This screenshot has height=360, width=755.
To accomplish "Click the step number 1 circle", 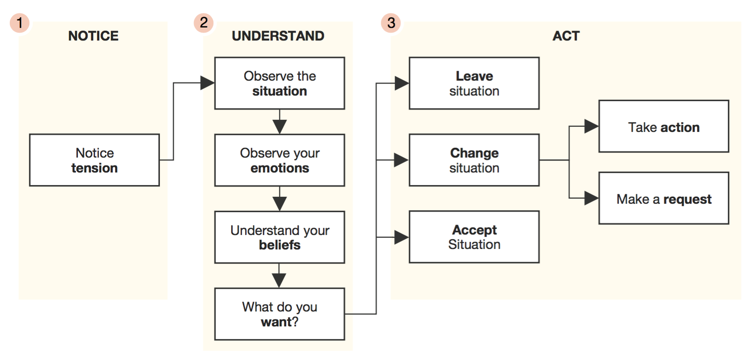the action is tap(20, 23).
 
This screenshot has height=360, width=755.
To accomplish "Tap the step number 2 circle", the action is tap(204, 22).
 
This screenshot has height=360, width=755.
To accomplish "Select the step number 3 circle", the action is tap(391, 23).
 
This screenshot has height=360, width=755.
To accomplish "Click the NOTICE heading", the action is tap(93, 36).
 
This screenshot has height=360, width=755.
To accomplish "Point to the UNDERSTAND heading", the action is tap(278, 36).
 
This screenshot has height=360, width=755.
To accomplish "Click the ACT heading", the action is tap(566, 36).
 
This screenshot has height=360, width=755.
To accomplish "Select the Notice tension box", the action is tap(94, 160).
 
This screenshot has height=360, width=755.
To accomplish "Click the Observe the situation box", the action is tap(280, 83).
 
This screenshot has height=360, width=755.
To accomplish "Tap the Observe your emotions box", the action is tap(280, 160).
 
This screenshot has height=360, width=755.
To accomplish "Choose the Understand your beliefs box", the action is tap(280, 237).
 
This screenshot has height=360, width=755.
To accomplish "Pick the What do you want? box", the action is tap(280, 314).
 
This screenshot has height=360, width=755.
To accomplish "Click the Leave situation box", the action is tap(474, 83).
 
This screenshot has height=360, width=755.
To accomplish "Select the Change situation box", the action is tap(474, 160).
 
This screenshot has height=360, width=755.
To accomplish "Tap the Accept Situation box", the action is tap(474, 237).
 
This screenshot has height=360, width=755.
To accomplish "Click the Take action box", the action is tap(664, 126).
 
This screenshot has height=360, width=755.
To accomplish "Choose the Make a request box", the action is tap(664, 198).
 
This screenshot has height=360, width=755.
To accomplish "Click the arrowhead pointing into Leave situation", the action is tap(402, 83).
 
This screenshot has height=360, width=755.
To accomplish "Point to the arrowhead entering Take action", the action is tap(591, 126).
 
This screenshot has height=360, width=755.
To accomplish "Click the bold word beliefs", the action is tap(280, 245).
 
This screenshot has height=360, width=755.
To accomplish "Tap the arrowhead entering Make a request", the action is tap(591, 198).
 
